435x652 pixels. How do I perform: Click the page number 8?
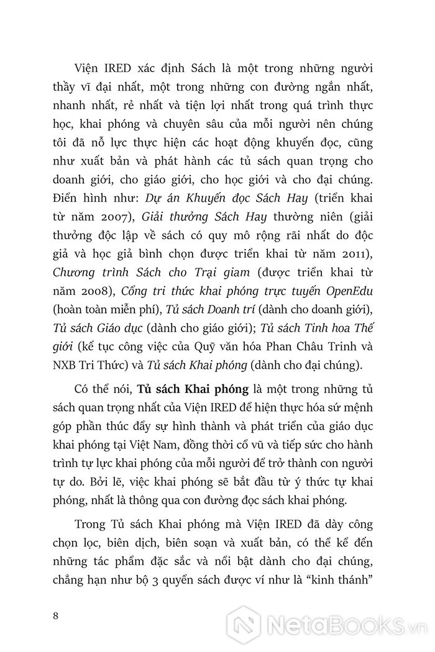pos(56,616)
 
